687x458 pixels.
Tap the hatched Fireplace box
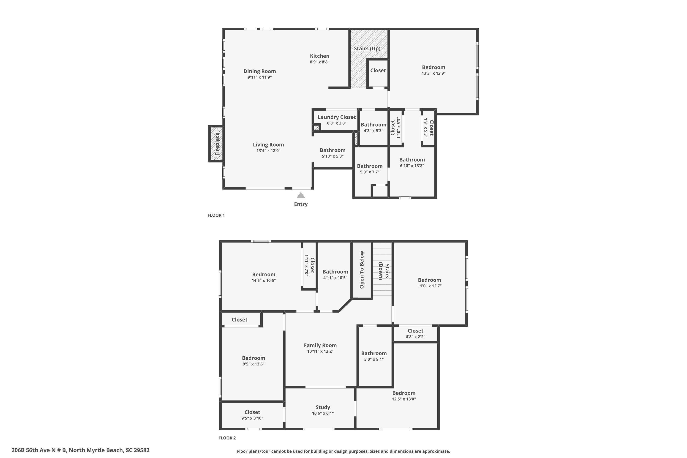pos(216,144)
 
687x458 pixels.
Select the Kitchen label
pos(319,56)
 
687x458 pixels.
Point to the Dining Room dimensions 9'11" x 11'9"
pos(260,77)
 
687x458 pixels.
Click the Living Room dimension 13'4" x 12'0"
pos(268,151)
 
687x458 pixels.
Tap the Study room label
pos(323,407)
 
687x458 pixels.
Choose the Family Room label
pos(320,345)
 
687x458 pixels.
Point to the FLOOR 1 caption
pos(216,215)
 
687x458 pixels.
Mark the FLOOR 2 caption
pos(227,438)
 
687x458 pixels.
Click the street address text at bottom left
pos(80,450)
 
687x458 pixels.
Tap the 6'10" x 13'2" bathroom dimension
pos(412,166)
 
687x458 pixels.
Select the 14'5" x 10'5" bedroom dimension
pos(264,280)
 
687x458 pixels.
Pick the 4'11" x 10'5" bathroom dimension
pos(335,278)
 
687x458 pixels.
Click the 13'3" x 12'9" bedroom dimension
pos(433,73)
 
